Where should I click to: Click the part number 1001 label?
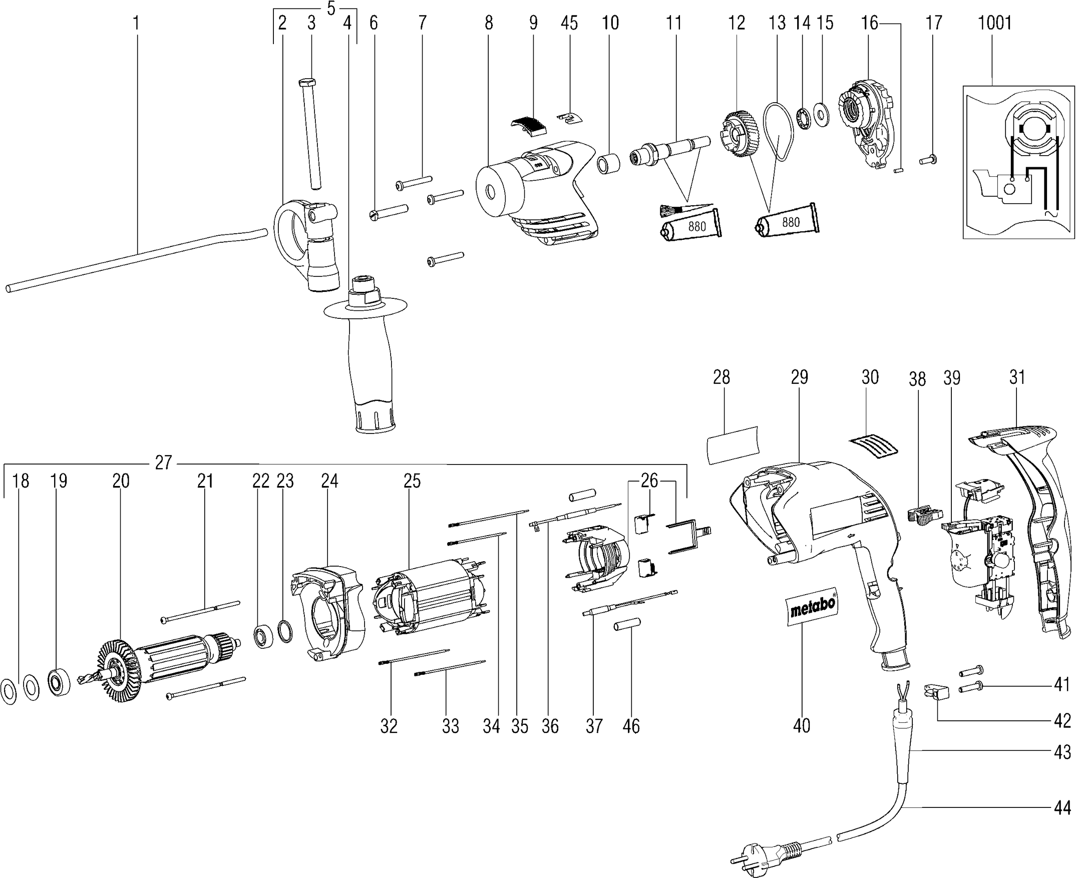(994, 23)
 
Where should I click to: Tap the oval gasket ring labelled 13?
(779, 131)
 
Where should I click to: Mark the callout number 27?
(163, 462)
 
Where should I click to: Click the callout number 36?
(550, 726)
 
